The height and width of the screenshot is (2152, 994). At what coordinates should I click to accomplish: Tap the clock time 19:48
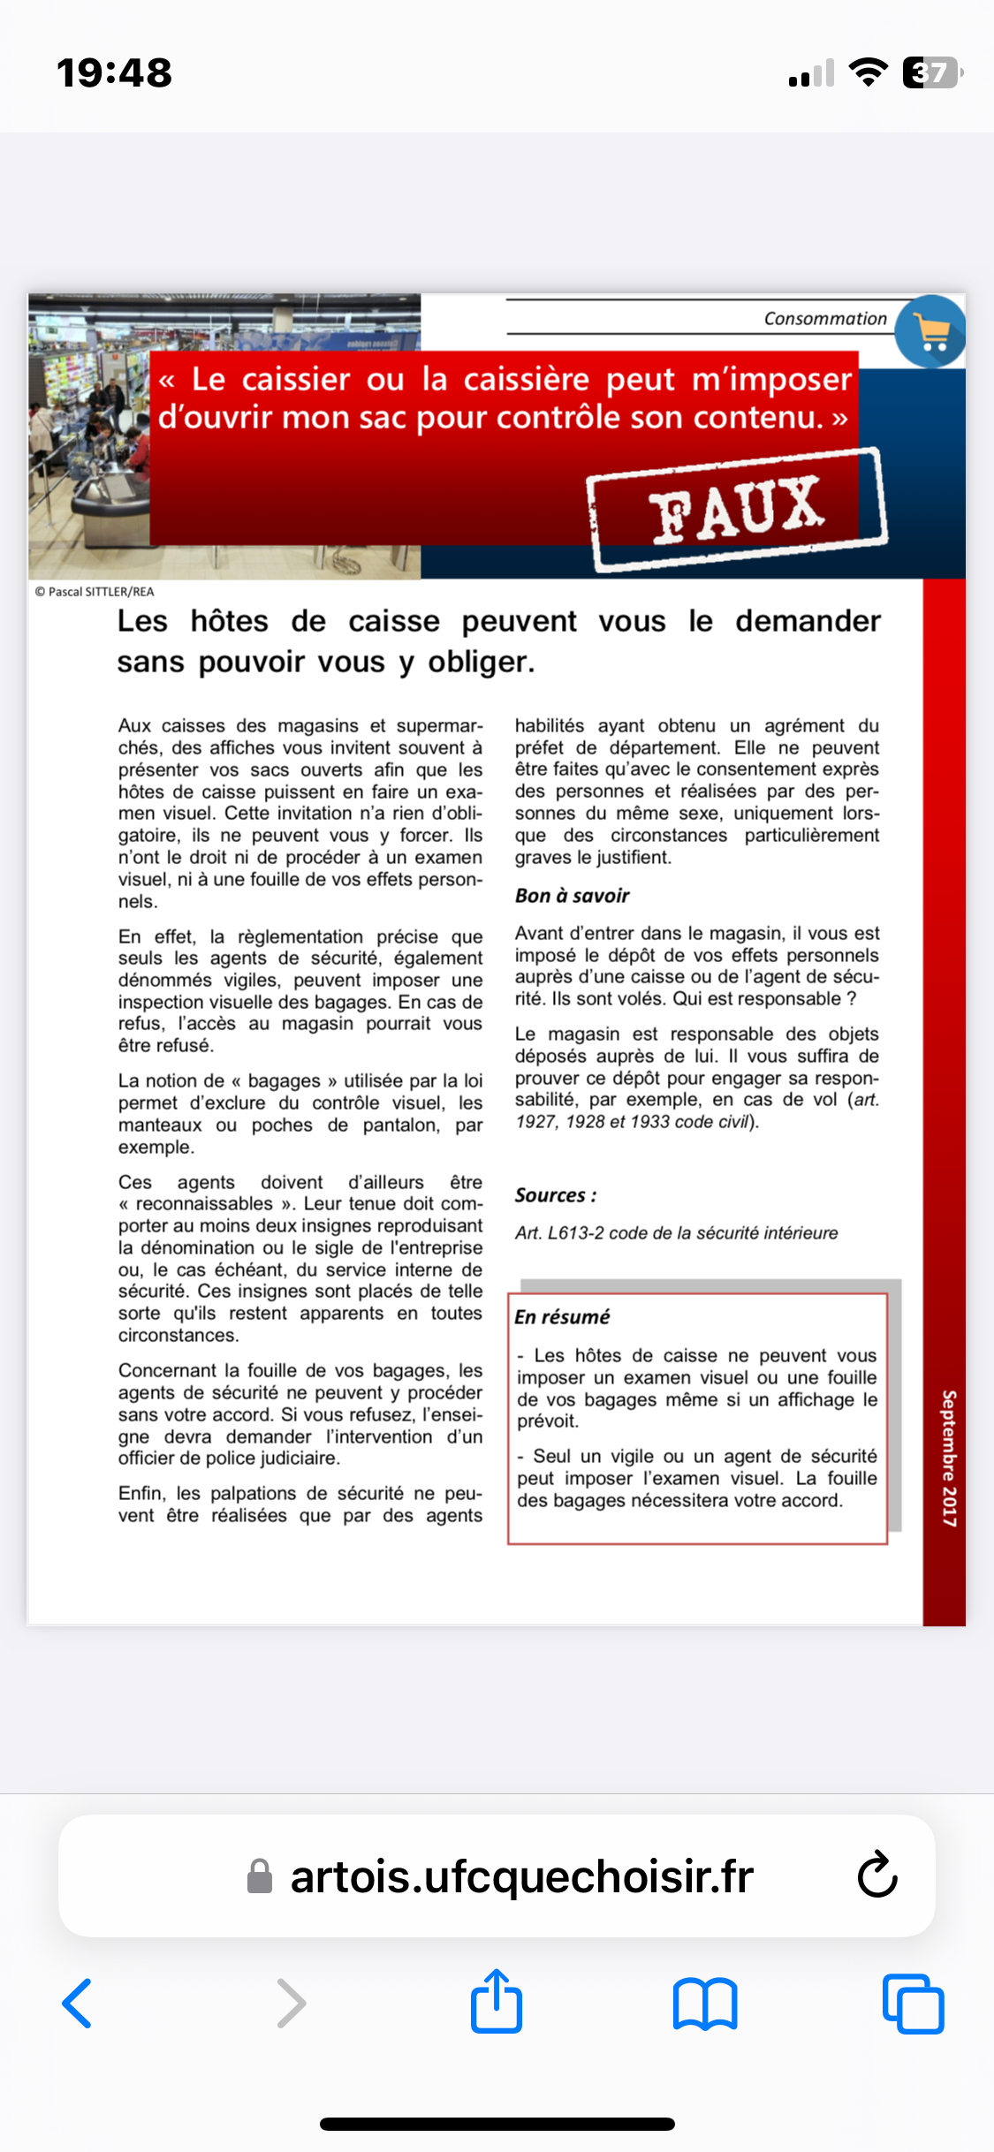click(x=115, y=73)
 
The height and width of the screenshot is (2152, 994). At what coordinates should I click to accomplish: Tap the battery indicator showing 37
click(x=931, y=72)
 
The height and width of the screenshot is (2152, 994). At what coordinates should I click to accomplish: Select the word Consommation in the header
click(x=824, y=319)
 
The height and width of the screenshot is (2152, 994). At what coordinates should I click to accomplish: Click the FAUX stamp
click(x=737, y=509)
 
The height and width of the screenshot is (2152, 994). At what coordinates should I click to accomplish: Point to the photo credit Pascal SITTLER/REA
click(x=95, y=592)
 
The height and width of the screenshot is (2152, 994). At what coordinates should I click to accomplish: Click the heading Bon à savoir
click(x=572, y=896)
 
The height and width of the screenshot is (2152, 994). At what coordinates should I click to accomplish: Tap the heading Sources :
click(x=556, y=1195)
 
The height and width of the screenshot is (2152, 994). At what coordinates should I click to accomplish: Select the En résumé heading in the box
click(x=562, y=1317)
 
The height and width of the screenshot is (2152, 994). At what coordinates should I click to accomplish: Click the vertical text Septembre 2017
click(x=949, y=1458)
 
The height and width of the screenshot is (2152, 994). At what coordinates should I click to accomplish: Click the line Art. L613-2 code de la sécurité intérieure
click(x=676, y=1233)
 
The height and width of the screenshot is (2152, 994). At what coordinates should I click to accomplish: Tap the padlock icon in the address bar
click(x=260, y=1876)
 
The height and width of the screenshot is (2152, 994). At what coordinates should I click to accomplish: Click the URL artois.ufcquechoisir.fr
click(x=521, y=1876)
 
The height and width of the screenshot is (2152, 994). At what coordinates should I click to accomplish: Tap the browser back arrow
click(x=78, y=2004)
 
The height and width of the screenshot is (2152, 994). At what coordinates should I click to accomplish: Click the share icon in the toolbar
click(x=497, y=2002)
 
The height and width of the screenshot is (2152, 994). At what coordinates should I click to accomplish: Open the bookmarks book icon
click(x=704, y=2004)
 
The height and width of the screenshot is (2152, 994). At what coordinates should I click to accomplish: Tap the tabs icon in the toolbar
click(x=913, y=2004)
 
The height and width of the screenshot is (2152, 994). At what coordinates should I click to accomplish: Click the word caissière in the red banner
click(x=526, y=379)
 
